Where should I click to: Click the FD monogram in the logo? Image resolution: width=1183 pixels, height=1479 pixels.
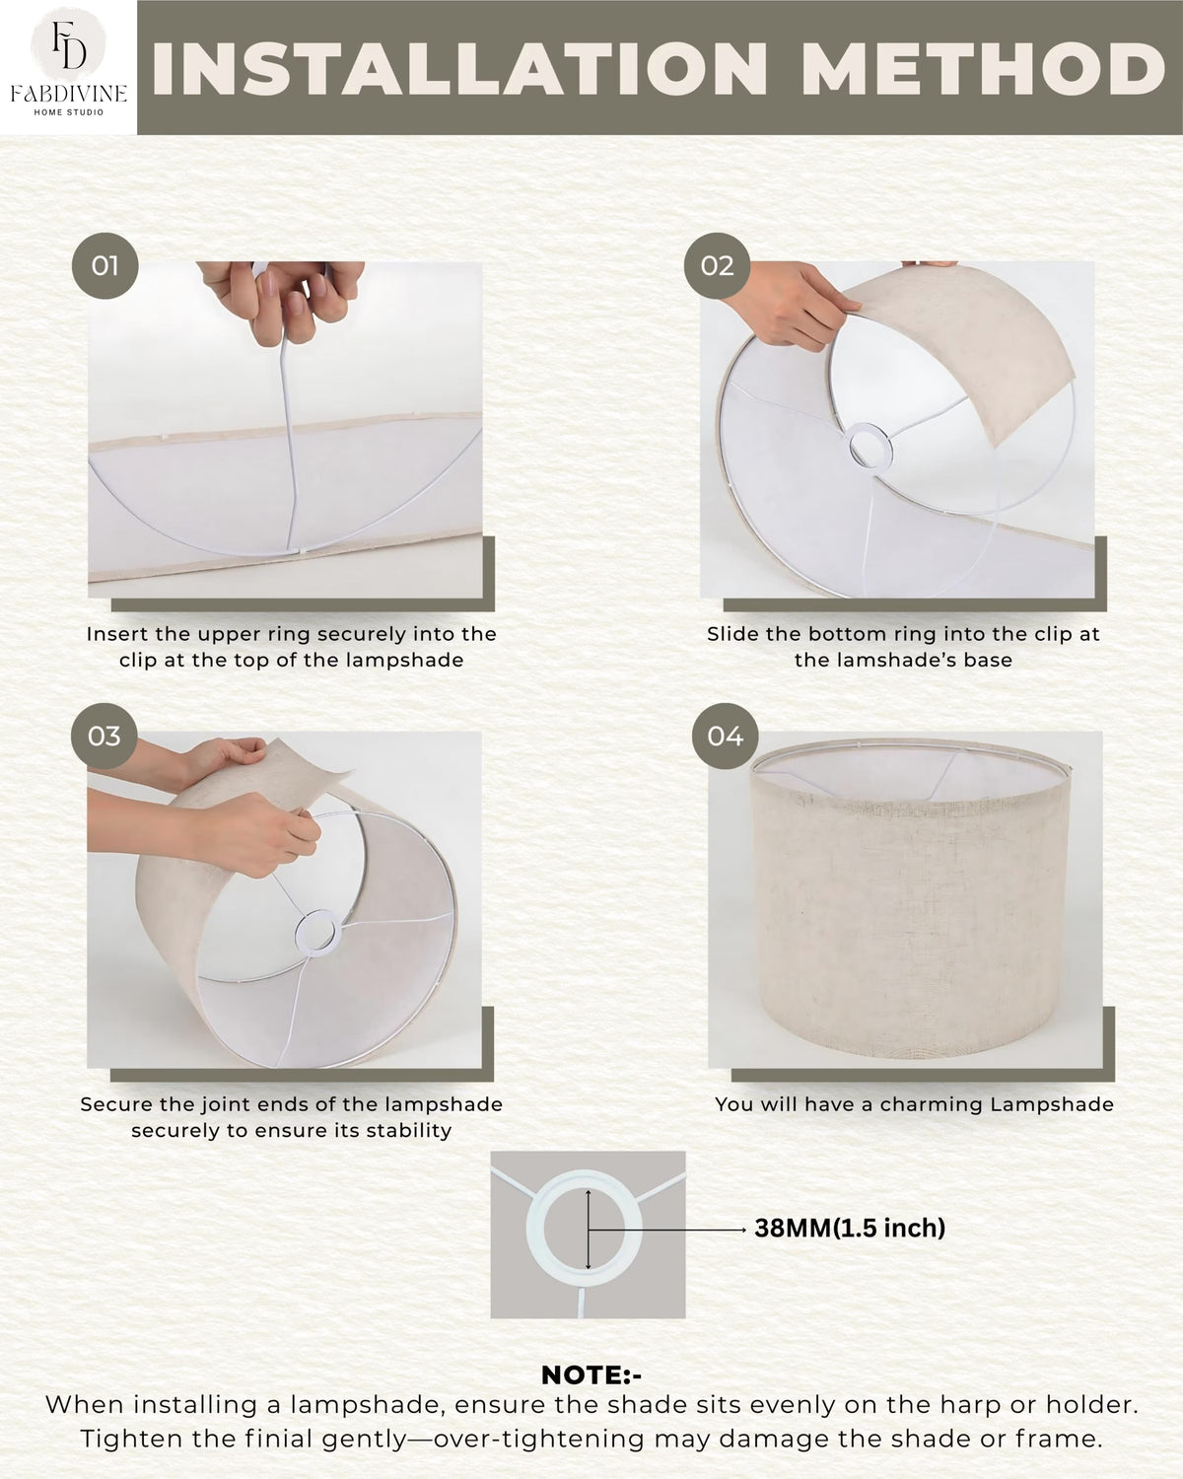click(x=68, y=43)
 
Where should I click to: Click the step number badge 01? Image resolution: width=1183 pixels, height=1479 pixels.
click(x=104, y=266)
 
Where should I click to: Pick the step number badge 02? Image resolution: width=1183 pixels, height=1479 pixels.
click(x=717, y=266)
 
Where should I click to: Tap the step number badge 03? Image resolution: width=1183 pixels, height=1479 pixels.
click(x=104, y=737)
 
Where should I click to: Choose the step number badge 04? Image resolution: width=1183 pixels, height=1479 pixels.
click(x=725, y=737)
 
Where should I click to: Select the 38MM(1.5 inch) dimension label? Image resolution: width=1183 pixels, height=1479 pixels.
click(x=850, y=1228)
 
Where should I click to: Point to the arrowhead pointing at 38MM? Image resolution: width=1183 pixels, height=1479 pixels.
click(x=742, y=1230)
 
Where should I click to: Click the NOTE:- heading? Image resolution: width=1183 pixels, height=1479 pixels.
click(x=591, y=1375)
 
